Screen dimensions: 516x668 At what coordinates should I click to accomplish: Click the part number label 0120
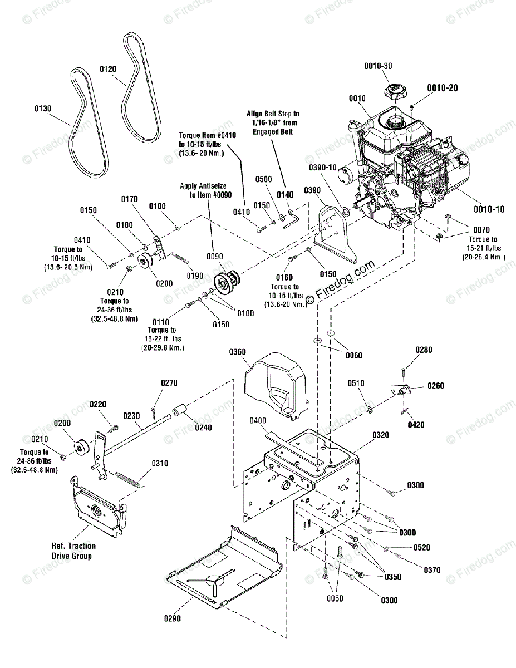108,69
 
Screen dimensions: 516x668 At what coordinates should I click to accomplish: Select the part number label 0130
43,108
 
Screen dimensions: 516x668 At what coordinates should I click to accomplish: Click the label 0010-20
442,88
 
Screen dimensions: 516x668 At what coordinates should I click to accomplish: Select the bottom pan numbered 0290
224,577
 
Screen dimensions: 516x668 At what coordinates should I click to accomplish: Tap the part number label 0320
381,435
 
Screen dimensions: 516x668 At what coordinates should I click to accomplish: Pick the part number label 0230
131,416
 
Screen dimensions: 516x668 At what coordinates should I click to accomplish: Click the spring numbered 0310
128,480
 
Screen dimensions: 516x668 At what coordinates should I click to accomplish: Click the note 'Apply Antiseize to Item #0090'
206,190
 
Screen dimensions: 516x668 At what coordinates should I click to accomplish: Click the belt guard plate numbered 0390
336,234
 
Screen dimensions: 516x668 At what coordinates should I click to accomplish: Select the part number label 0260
436,385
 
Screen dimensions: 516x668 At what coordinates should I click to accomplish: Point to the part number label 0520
422,547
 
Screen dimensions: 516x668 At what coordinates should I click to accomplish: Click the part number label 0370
432,570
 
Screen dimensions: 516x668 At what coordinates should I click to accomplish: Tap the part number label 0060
354,355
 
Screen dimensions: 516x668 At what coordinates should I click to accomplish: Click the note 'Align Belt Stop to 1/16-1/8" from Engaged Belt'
273,122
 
